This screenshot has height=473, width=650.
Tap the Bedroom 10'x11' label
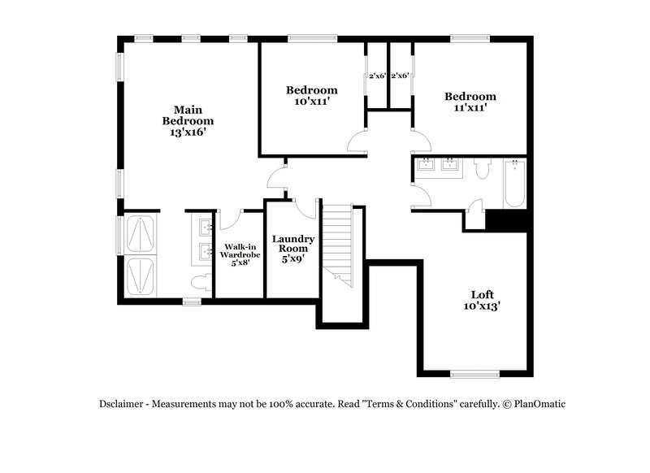311,95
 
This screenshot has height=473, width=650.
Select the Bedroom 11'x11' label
470,102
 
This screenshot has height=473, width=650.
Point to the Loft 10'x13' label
482,300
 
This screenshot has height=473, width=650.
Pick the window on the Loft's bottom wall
475,374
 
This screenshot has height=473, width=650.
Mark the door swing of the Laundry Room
305,208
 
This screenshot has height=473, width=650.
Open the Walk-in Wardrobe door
229,219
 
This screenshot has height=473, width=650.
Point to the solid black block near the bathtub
505,219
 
